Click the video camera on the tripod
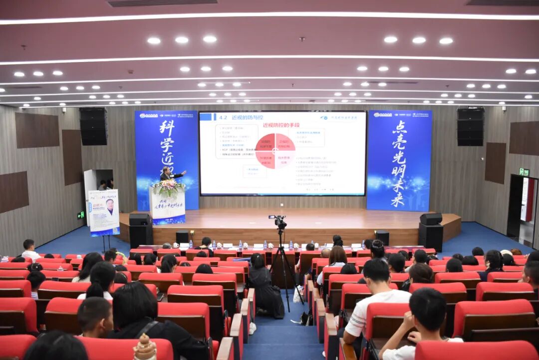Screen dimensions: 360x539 pos(278,221)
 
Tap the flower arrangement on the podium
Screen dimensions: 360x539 pos(168,188)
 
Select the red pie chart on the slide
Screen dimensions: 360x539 pos(275,150)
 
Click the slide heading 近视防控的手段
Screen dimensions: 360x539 pos(280,125)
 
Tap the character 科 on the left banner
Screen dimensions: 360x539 pos(167,128)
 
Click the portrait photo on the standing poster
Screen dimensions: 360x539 pos(110,206)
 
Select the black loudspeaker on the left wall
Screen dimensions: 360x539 pos(93,126)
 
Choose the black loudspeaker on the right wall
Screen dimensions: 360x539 pos(470,126)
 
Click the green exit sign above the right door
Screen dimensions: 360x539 pos(524,172)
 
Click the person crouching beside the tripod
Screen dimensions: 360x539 pos(263,287)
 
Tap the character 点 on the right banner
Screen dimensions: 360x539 pos(399,127)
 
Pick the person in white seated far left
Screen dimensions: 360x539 pos(29,250)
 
